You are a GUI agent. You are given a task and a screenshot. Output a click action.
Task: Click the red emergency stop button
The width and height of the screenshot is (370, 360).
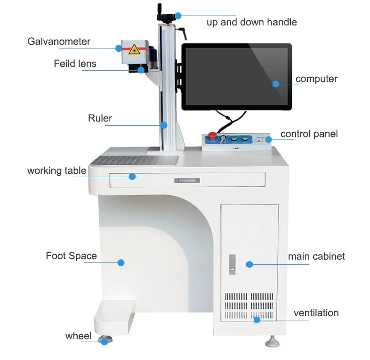pyautogui.click(x=212, y=136)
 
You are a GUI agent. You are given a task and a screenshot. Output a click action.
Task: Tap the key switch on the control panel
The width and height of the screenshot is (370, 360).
pyautogui.click(x=222, y=139)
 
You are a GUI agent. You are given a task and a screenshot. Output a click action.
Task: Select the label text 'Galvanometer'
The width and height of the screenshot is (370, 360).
pyautogui.click(x=59, y=41)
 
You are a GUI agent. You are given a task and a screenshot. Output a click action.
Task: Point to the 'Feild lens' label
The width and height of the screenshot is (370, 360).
pyautogui.click(x=75, y=63)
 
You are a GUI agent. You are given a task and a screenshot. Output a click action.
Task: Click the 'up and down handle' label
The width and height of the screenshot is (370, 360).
pyautogui.click(x=251, y=22)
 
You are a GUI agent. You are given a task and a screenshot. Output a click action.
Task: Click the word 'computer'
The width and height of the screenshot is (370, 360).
pyautogui.click(x=316, y=79)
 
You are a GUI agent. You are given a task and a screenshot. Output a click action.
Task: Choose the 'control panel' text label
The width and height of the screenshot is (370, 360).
pyautogui.click(x=309, y=134)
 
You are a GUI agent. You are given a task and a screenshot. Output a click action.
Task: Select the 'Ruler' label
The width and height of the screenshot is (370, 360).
pyautogui.click(x=100, y=118)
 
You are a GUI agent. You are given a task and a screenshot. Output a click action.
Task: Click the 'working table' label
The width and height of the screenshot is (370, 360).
pyautogui.click(x=56, y=171)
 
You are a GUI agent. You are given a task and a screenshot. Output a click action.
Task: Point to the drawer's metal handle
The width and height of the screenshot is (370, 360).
pyautogui.click(x=187, y=180)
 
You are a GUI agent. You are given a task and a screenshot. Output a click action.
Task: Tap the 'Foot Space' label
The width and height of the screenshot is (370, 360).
pyautogui.click(x=71, y=256)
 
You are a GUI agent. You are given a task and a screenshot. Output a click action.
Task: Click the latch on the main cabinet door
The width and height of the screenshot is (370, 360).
pyautogui.click(x=232, y=264)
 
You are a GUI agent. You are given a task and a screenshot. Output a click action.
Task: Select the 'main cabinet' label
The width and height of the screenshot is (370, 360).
pyautogui.click(x=316, y=256)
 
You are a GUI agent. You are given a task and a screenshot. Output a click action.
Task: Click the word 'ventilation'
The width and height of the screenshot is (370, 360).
pyautogui.click(x=316, y=313)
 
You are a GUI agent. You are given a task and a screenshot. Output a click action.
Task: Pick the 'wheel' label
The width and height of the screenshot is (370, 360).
pyautogui.click(x=78, y=336)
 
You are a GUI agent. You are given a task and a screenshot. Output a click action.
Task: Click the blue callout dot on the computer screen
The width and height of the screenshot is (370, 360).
pyautogui.click(x=276, y=84)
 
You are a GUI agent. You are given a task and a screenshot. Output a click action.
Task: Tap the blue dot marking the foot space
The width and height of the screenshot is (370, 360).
pyautogui.click(x=121, y=262)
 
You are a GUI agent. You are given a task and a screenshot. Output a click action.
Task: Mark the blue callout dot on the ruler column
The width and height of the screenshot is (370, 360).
pyautogui.click(x=163, y=125)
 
